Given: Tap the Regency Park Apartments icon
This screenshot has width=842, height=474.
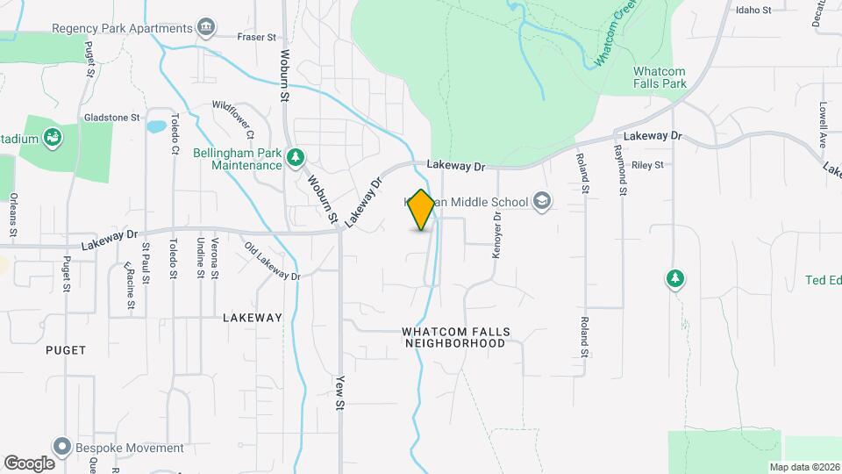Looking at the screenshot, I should [x=206, y=28].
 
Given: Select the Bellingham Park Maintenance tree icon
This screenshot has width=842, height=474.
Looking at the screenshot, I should [x=296, y=157].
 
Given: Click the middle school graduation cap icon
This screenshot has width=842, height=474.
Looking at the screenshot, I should [x=542, y=201].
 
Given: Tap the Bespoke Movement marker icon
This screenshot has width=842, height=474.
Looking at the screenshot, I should [x=61, y=447].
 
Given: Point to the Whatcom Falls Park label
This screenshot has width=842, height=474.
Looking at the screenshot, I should [x=660, y=77].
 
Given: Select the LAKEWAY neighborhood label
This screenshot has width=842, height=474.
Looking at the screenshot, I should [x=253, y=318].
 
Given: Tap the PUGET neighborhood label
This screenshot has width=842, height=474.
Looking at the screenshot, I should [x=66, y=350].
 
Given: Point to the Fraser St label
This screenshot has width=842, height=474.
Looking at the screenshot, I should [x=257, y=37].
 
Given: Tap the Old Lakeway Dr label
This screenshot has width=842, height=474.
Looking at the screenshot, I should [x=272, y=261].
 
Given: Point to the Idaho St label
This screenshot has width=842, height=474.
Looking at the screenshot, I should [x=753, y=11].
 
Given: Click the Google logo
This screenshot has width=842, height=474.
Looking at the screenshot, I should [x=29, y=463].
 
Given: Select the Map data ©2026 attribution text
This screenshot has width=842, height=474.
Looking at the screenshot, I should [x=803, y=467].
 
